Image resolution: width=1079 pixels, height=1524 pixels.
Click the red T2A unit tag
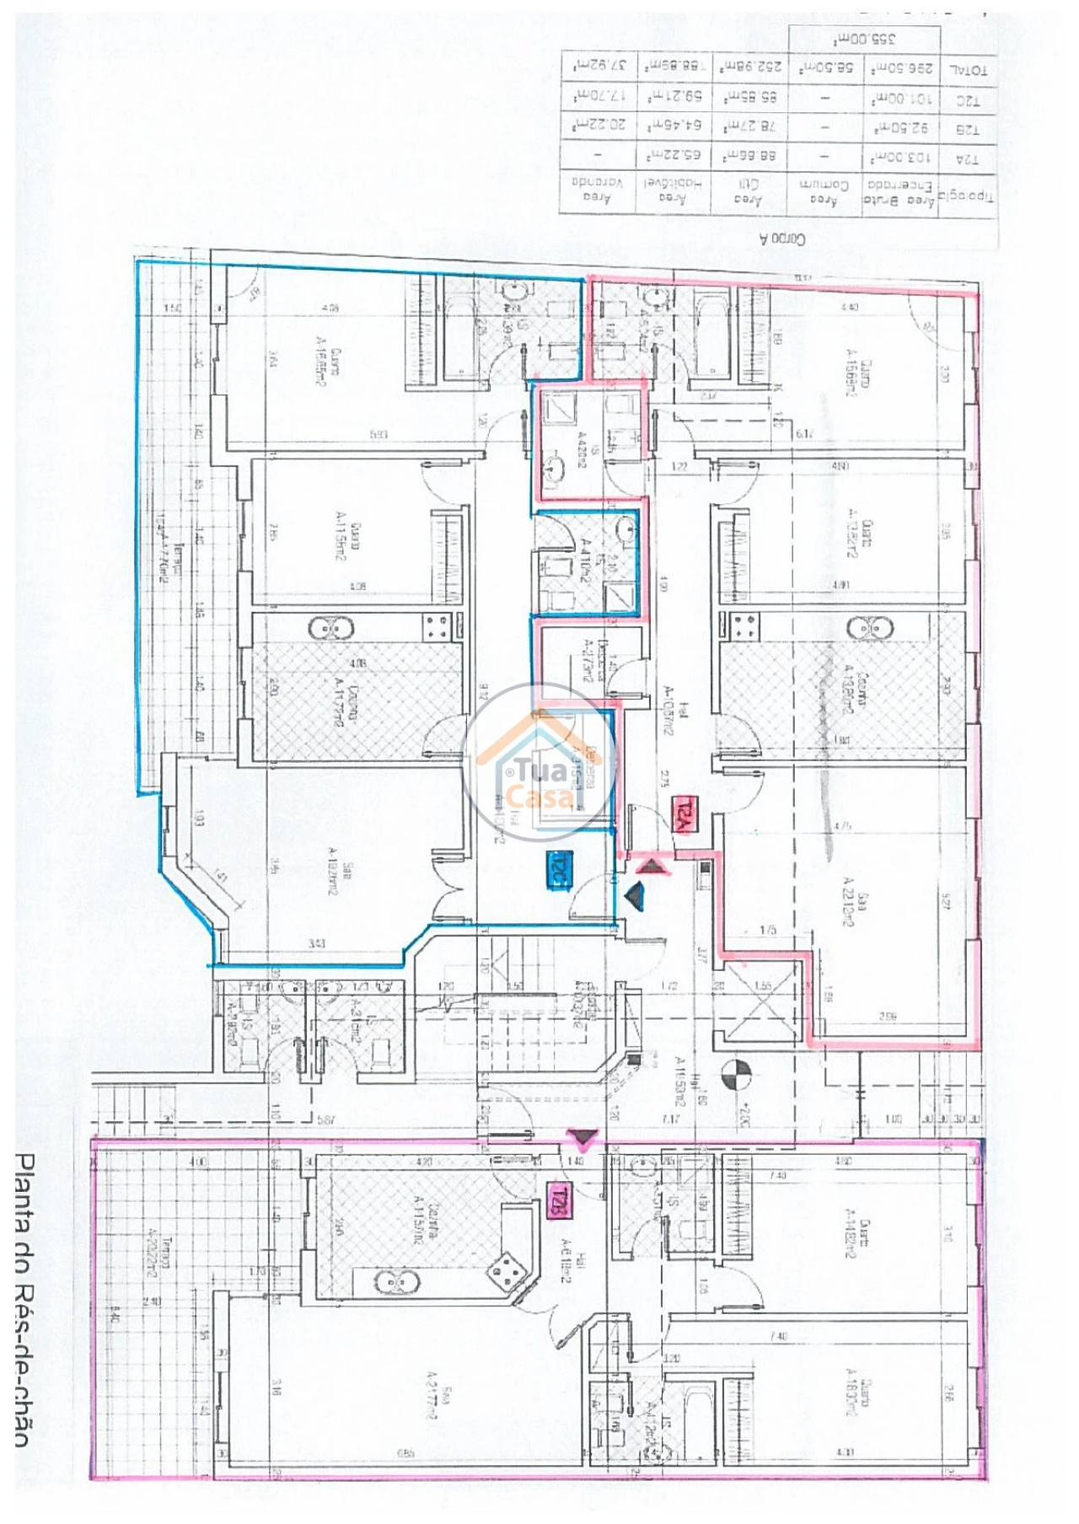point(682,815)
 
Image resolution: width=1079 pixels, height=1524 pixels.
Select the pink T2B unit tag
point(556,1200)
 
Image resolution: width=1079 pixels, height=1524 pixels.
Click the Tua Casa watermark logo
point(539,762)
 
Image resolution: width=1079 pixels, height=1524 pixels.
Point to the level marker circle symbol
point(737,1074)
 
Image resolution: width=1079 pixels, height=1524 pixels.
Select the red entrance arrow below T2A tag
point(650,865)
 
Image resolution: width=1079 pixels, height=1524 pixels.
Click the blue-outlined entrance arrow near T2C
point(635,895)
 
